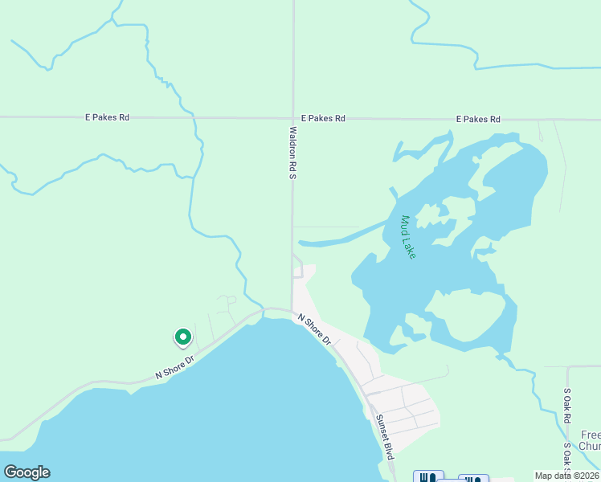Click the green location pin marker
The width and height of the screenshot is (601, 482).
click(x=182, y=337)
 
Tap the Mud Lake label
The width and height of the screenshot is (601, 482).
click(x=408, y=237)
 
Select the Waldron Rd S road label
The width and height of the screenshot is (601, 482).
click(x=293, y=152)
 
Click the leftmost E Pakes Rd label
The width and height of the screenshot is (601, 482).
click(x=107, y=117)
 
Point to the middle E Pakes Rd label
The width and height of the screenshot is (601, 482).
click(x=323, y=118)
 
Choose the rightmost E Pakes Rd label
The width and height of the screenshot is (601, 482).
click(x=478, y=119)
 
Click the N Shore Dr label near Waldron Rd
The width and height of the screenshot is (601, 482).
click(x=314, y=329)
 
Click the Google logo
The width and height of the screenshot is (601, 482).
click(x=27, y=472)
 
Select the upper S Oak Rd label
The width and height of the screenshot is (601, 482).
click(x=567, y=402)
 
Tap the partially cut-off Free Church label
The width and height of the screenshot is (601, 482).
click(x=590, y=440)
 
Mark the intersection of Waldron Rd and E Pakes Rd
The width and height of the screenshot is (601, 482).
click(x=292, y=118)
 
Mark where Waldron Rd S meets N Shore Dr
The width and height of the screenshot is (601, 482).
click(x=291, y=308)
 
